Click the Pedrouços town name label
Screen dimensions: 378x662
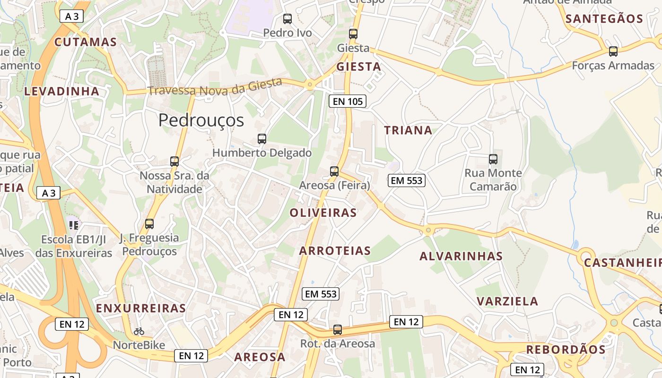201,120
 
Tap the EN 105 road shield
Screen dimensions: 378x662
348,101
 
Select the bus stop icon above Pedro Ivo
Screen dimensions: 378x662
287,19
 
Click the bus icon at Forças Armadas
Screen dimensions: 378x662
613,51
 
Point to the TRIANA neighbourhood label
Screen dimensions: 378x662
408,130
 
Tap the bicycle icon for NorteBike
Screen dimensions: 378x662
139,331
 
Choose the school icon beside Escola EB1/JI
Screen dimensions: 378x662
73,225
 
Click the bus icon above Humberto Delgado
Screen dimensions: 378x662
262,138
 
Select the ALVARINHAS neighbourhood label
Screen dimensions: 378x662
461,256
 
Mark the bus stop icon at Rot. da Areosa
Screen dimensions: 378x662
338,329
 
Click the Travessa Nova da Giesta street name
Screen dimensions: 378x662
215,87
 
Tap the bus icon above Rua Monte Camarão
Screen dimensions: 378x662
493,159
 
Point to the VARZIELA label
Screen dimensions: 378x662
507,301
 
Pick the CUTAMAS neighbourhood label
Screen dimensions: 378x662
86,42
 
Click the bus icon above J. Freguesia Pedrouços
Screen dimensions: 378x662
149,223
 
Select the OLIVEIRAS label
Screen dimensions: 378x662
323,213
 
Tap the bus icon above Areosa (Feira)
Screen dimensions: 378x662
334,171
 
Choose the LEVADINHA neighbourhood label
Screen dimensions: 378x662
62,91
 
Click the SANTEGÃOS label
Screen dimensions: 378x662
604,19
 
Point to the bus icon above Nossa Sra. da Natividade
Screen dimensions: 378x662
174,161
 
